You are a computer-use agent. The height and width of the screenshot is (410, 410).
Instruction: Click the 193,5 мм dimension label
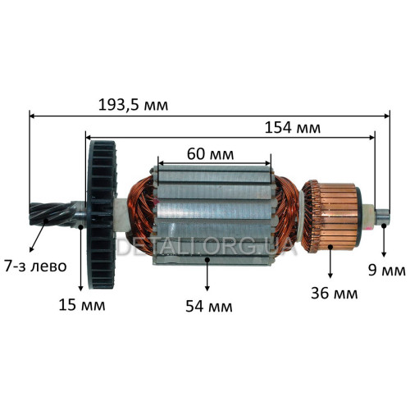coord(133,105)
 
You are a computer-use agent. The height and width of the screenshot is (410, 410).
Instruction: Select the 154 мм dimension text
coord(293,128)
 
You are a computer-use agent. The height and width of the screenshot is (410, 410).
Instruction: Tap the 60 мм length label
coord(210,154)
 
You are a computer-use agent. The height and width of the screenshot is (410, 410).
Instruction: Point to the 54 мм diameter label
coord(209,306)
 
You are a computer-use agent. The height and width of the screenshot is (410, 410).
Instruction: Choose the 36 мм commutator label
coord(335,294)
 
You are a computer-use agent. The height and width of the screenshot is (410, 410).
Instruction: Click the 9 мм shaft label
coord(387,271)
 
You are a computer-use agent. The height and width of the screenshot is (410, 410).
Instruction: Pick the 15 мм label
coord(82,305)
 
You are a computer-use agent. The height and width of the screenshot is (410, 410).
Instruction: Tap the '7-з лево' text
coord(35,266)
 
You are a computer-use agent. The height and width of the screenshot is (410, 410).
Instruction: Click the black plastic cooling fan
coord(102,215)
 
